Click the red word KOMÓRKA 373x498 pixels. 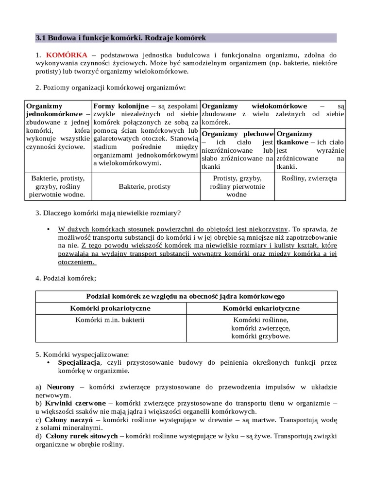click(x=67, y=55)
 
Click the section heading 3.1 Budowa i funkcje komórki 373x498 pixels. click(x=121, y=37)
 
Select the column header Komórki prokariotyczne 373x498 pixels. click(x=110, y=308)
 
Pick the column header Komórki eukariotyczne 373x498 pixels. click(x=261, y=308)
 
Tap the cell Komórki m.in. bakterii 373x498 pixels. click(x=110, y=320)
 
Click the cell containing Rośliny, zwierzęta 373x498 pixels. click(x=309, y=178)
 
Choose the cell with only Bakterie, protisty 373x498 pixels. click(x=145, y=186)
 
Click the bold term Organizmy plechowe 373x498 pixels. click(x=237, y=134)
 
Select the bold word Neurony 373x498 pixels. click(x=61, y=387)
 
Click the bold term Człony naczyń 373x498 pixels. click(x=68, y=420)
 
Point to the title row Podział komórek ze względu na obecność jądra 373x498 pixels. click(x=186, y=296)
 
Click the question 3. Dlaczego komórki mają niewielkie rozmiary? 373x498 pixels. click(x=109, y=213)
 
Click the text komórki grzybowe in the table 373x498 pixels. click(x=261, y=336)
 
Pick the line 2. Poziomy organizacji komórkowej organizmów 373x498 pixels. click(x=110, y=88)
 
